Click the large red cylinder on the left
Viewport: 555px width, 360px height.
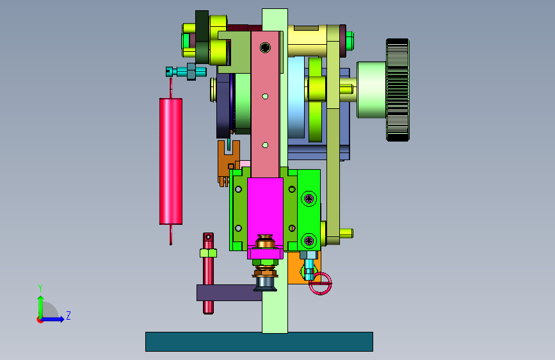point(171,161)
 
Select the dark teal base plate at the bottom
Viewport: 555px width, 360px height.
point(259,341)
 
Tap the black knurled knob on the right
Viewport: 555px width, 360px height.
point(398,90)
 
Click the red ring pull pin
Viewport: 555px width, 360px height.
point(320,284)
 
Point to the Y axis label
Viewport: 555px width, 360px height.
point(40,288)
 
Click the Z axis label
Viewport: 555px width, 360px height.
point(68,315)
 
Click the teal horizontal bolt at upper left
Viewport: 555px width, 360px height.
point(186,72)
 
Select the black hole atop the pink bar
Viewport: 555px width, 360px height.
point(265,47)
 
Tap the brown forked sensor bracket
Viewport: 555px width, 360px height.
point(228,161)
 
